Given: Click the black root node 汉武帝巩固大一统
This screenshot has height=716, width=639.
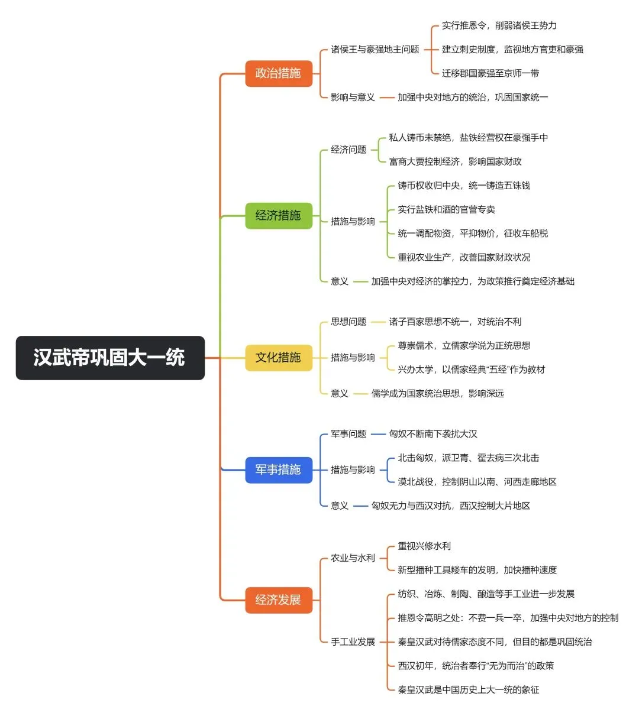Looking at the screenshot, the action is click(x=110, y=358).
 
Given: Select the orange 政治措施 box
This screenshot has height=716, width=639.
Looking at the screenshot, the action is click(x=279, y=73).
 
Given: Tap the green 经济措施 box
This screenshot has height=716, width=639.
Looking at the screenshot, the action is click(x=279, y=216).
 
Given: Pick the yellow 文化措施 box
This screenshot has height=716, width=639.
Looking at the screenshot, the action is click(x=279, y=358).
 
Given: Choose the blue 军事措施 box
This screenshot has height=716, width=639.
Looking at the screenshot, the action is click(x=279, y=470).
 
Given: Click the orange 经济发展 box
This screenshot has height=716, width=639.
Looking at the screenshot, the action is click(x=279, y=600).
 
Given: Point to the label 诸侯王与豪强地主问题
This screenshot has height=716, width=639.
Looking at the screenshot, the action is click(x=375, y=50).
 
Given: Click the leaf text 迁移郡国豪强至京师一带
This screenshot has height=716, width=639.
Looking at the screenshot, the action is click(x=490, y=73).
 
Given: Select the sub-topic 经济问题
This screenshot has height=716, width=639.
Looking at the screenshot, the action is click(x=348, y=150).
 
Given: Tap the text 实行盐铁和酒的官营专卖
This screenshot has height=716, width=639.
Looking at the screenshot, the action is click(x=446, y=209).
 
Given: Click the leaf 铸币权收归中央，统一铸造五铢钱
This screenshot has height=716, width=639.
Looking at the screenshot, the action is click(x=464, y=186).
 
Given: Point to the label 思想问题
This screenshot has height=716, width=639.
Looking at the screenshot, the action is click(x=348, y=322).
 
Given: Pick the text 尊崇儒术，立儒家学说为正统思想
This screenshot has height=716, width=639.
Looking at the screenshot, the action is click(x=464, y=346).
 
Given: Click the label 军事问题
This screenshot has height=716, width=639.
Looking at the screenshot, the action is click(x=348, y=434).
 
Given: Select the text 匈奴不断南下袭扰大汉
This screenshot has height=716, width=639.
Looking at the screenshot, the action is click(x=433, y=434).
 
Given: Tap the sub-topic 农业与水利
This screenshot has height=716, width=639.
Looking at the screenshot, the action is click(x=353, y=558).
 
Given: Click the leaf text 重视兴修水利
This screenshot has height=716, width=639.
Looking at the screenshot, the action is click(x=424, y=546).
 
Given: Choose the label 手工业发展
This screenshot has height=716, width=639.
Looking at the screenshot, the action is click(x=353, y=642).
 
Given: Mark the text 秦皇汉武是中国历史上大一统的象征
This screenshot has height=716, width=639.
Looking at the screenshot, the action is click(x=469, y=690).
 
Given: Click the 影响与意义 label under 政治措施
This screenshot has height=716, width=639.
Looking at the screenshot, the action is click(x=353, y=97).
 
